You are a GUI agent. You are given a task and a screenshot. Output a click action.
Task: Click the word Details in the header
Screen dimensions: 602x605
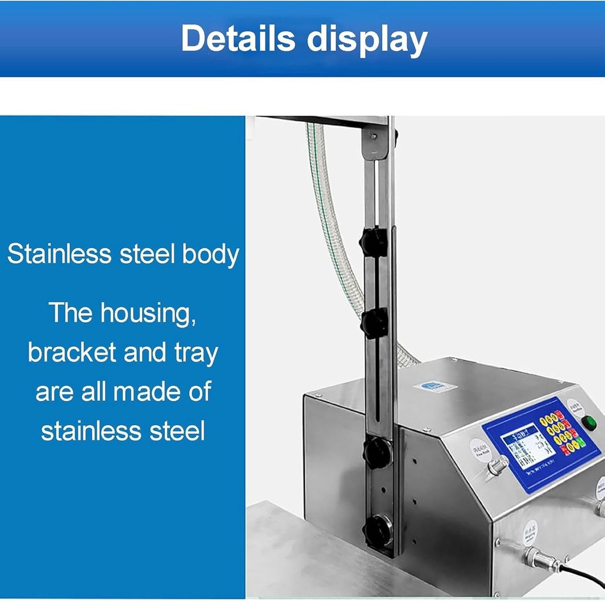click(x=238, y=39)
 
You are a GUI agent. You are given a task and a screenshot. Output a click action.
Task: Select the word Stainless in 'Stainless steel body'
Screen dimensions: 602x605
click(x=59, y=254)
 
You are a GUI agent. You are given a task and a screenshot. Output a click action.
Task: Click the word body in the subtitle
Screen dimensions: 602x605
click(x=210, y=254)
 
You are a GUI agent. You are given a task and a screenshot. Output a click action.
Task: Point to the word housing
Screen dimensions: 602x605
click(x=148, y=313)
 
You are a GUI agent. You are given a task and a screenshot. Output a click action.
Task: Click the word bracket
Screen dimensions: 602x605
click(x=72, y=352)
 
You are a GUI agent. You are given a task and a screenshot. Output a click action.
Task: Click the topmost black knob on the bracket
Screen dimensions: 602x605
click(x=374, y=241)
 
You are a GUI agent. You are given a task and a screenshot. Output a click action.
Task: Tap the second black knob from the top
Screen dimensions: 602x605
click(x=374, y=323)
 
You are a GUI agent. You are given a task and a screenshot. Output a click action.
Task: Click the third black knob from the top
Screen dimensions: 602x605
click(x=376, y=452)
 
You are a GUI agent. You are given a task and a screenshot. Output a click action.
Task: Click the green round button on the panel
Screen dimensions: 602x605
click(x=588, y=423)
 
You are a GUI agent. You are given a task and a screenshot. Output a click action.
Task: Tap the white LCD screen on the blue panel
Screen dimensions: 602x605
click(x=528, y=446)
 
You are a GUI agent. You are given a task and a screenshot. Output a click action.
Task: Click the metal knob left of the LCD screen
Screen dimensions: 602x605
click(x=497, y=466)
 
